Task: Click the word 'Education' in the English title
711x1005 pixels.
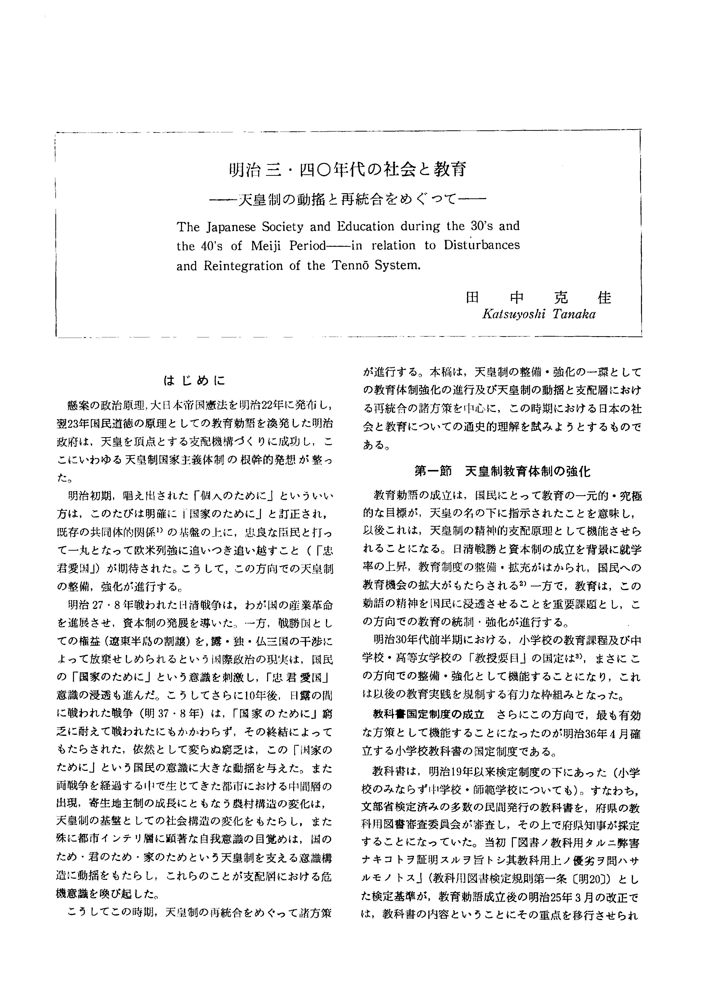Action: pyautogui.click(x=366, y=226)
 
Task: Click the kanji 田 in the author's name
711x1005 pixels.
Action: pyautogui.click(x=472, y=298)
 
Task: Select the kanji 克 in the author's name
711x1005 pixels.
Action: pyautogui.click(x=560, y=298)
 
